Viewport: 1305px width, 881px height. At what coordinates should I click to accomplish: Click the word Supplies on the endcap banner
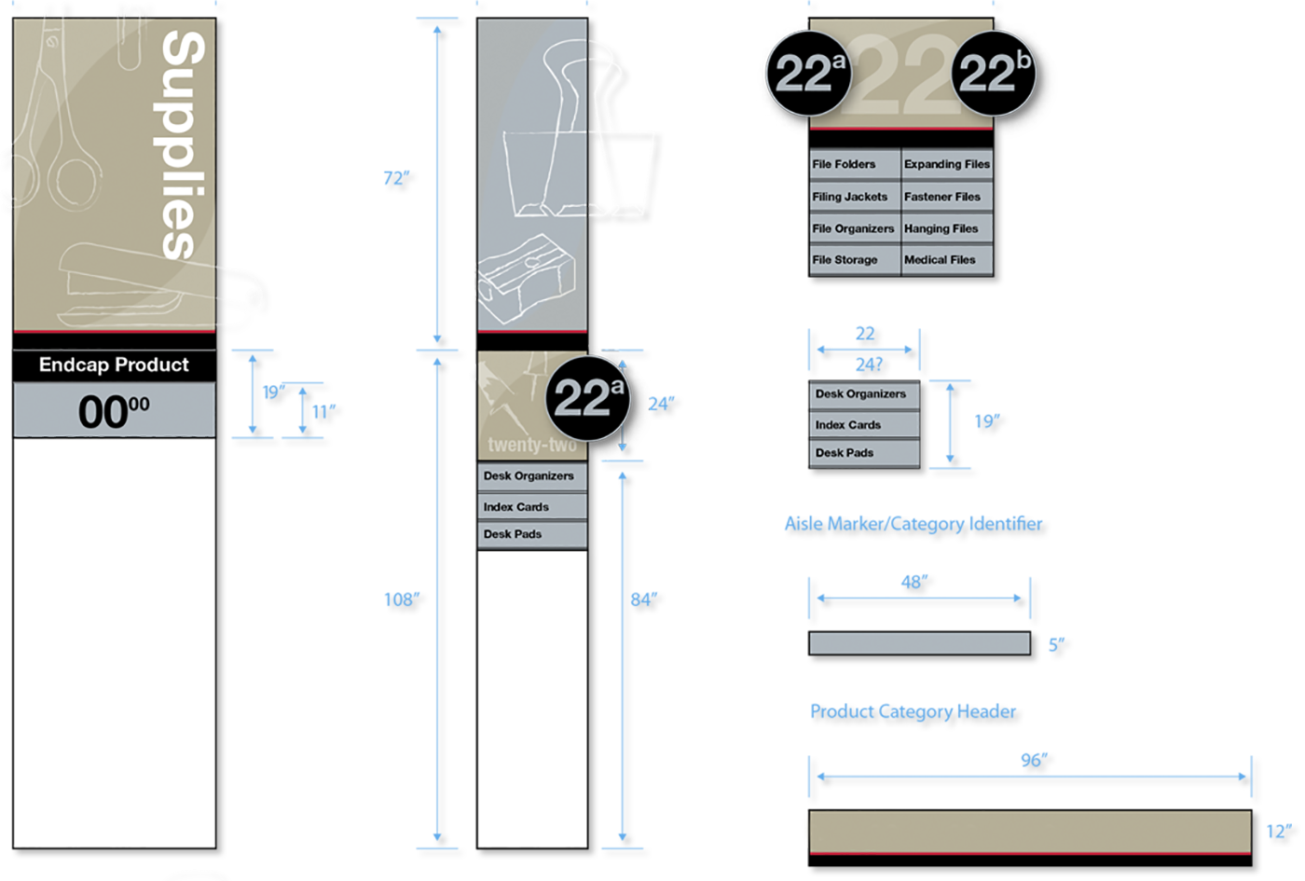(184, 145)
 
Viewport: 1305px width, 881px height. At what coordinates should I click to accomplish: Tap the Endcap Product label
(114, 365)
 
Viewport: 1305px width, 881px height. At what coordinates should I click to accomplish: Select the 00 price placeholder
(114, 411)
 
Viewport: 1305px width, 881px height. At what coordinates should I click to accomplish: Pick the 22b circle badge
(995, 74)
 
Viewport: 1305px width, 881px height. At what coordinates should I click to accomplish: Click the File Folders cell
(853, 164)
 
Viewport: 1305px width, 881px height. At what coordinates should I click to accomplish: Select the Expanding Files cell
(946, 164)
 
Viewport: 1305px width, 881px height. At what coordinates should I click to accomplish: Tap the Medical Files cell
(946, 260)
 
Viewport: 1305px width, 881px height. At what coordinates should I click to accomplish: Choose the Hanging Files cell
(946, 228)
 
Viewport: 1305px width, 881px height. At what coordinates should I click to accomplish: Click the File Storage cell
(853, 260)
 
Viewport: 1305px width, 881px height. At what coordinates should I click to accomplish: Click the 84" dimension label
(644, 600)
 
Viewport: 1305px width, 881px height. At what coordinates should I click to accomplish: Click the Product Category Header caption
(914, 712)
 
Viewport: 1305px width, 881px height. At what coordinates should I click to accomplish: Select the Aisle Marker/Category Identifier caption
(914, 524)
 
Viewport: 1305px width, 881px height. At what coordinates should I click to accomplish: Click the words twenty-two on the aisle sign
(530, 446)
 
